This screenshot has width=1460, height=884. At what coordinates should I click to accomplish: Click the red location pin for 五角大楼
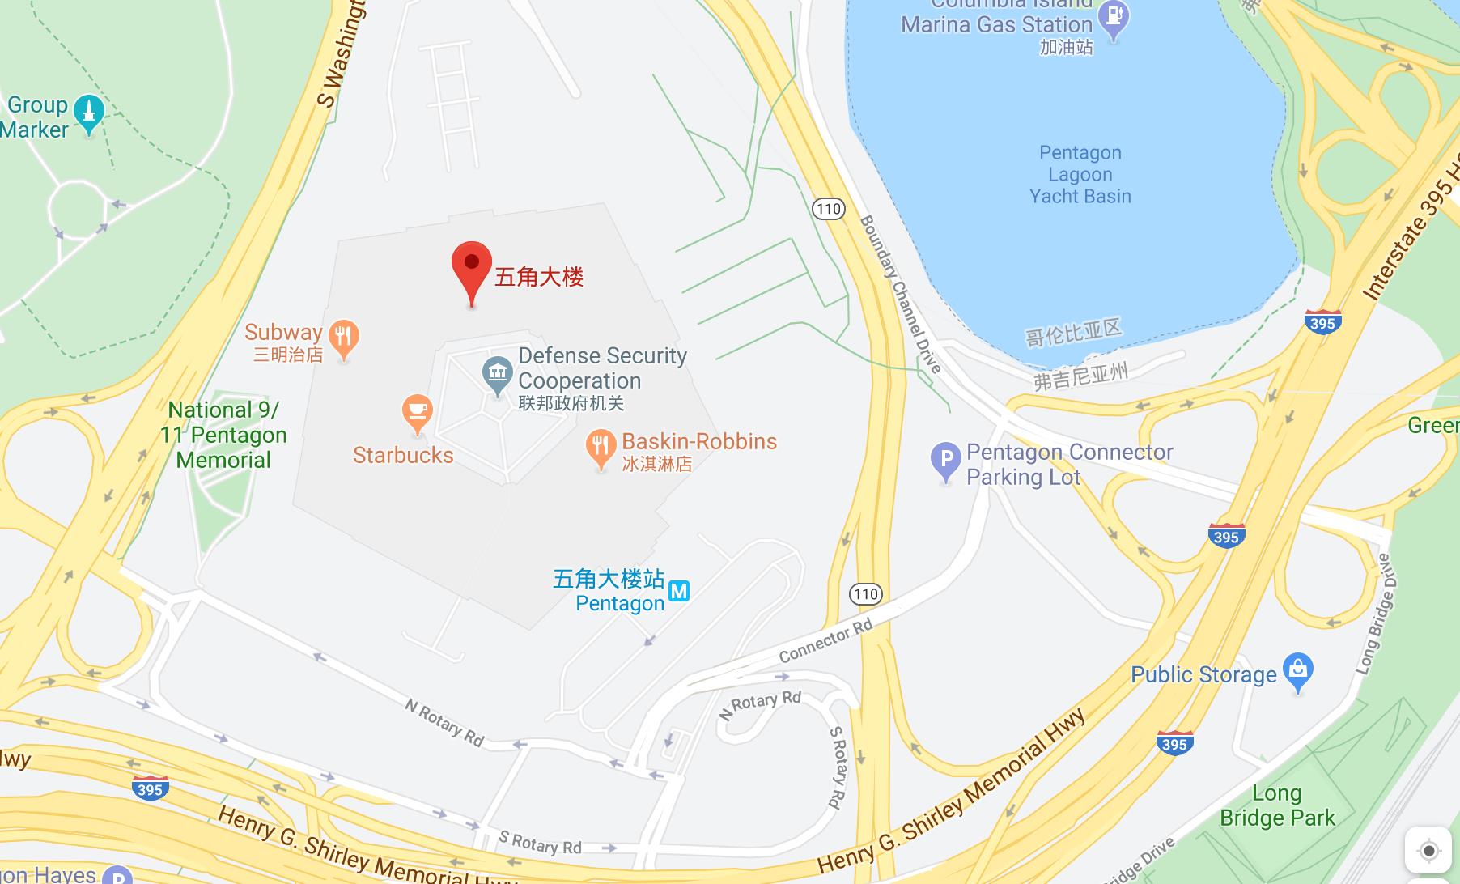coord(471,267)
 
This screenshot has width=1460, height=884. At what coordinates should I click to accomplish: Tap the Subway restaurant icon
coord(344,337)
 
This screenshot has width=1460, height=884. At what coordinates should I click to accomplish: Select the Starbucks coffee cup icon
coord(417,412)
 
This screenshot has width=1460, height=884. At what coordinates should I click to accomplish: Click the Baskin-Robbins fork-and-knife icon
coord(601,447)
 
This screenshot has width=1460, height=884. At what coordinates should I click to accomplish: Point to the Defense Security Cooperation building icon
coord(496,373)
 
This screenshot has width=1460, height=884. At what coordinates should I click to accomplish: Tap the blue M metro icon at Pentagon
coord(679,592)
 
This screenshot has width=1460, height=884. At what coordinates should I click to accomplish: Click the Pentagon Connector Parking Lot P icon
coord(945,459)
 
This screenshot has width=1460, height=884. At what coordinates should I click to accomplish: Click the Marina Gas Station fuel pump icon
coord(1115,17)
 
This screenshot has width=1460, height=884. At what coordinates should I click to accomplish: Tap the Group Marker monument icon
coord(88,113)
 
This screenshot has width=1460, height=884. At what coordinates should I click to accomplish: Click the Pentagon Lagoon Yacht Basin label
coord(1080,174)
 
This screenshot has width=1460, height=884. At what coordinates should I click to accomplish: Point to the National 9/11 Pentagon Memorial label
coord(223,435)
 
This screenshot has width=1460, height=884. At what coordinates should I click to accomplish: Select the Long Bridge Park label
coord(1277,805)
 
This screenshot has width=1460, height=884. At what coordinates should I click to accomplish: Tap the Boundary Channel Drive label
coord(900,293)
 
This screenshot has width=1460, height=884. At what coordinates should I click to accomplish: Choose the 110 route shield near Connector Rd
coord(865,594)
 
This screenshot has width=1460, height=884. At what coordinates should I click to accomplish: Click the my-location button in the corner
coord(1428,851)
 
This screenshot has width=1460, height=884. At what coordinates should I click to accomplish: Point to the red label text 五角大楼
coord(539,278)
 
